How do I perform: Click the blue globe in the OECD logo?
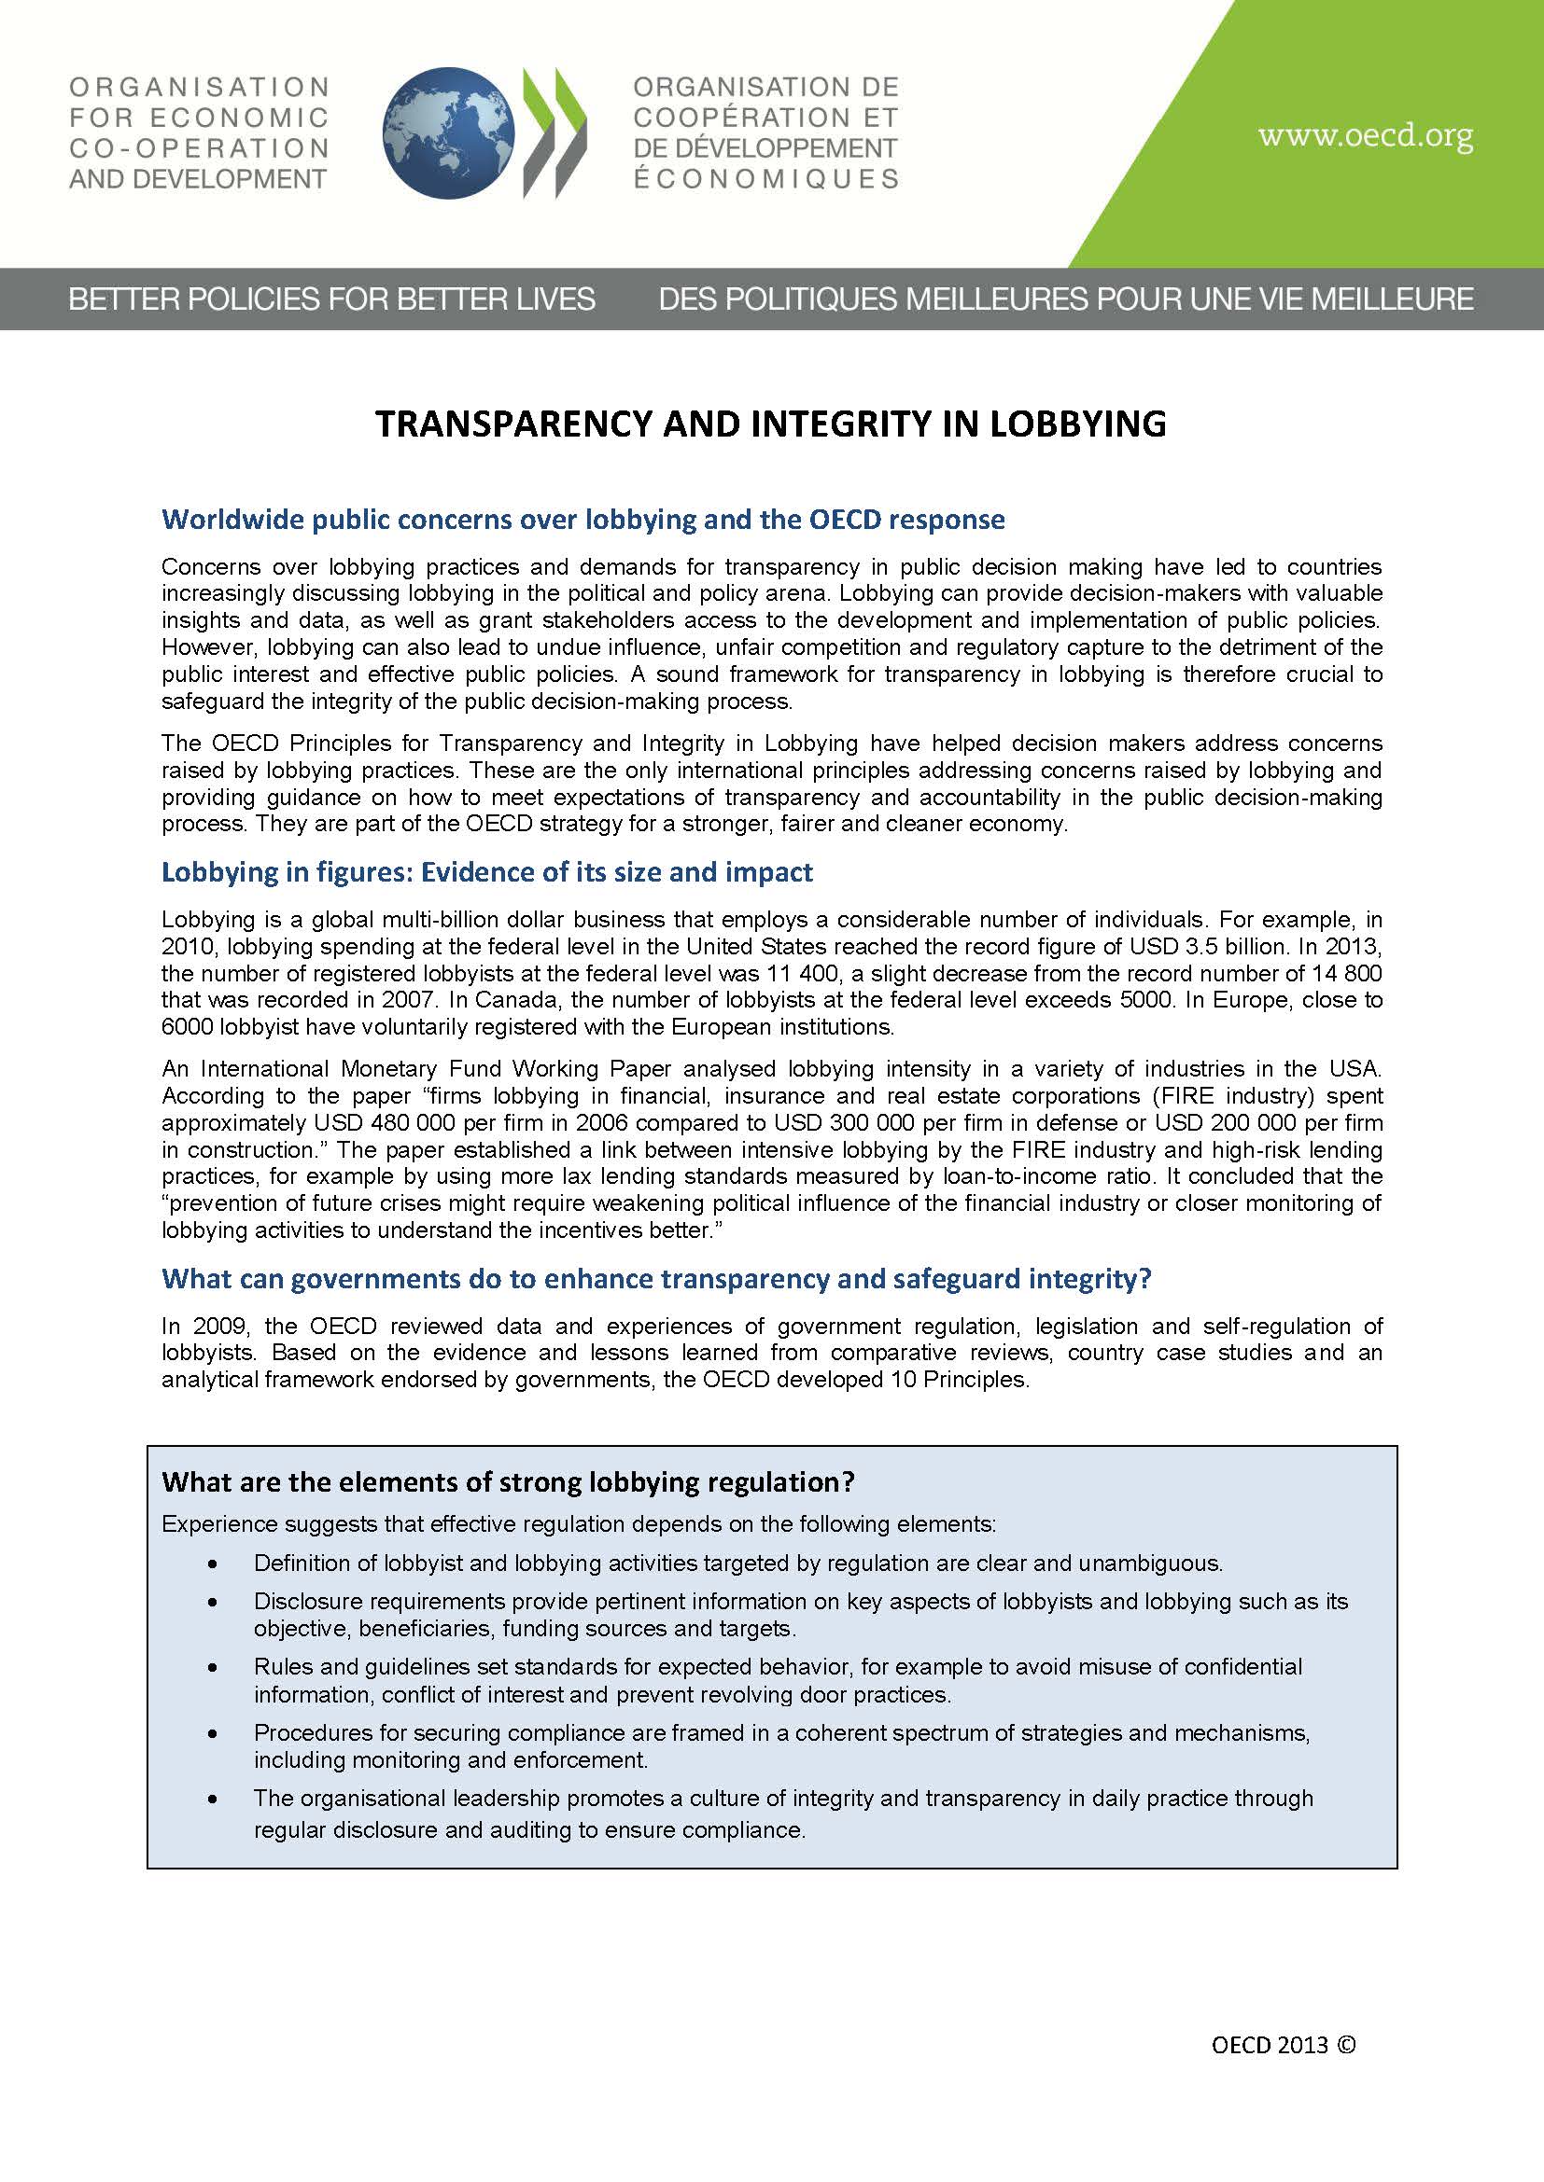[448, 133]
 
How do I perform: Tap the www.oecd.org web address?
[1366, 136]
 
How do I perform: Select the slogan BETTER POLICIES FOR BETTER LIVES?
[331, 299]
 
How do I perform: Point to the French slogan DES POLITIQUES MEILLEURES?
[1066, 299]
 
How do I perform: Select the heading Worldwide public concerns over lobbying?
[583, 520]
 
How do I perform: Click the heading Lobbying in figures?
[486, 872]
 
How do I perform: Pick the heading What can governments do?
[656, 1279]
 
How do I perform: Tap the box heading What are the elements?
[508, 1481]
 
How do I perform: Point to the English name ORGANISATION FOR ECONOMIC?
[198, 102]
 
